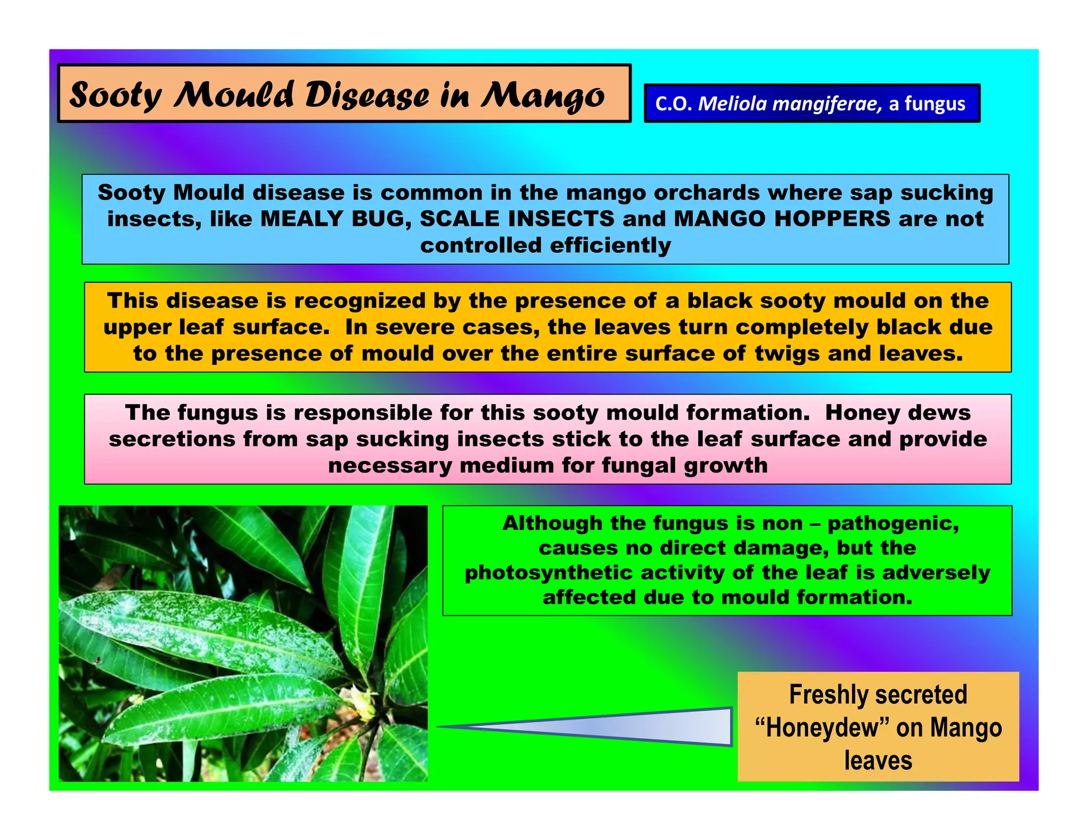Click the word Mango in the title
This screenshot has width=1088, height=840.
pyautogui.click(x=542, y=96)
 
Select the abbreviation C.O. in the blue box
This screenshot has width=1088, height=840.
pyautogui.click(x=673, y=104)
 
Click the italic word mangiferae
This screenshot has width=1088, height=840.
pyautogui.click(x=827, y=104)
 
